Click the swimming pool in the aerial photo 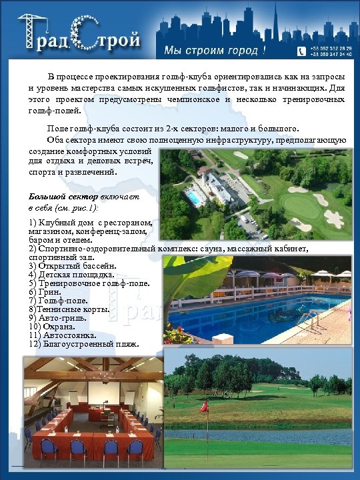coord(193,198)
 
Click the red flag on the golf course coord(204,405)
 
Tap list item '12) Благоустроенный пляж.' coord(83,344)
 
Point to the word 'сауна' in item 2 coord(206,248)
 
